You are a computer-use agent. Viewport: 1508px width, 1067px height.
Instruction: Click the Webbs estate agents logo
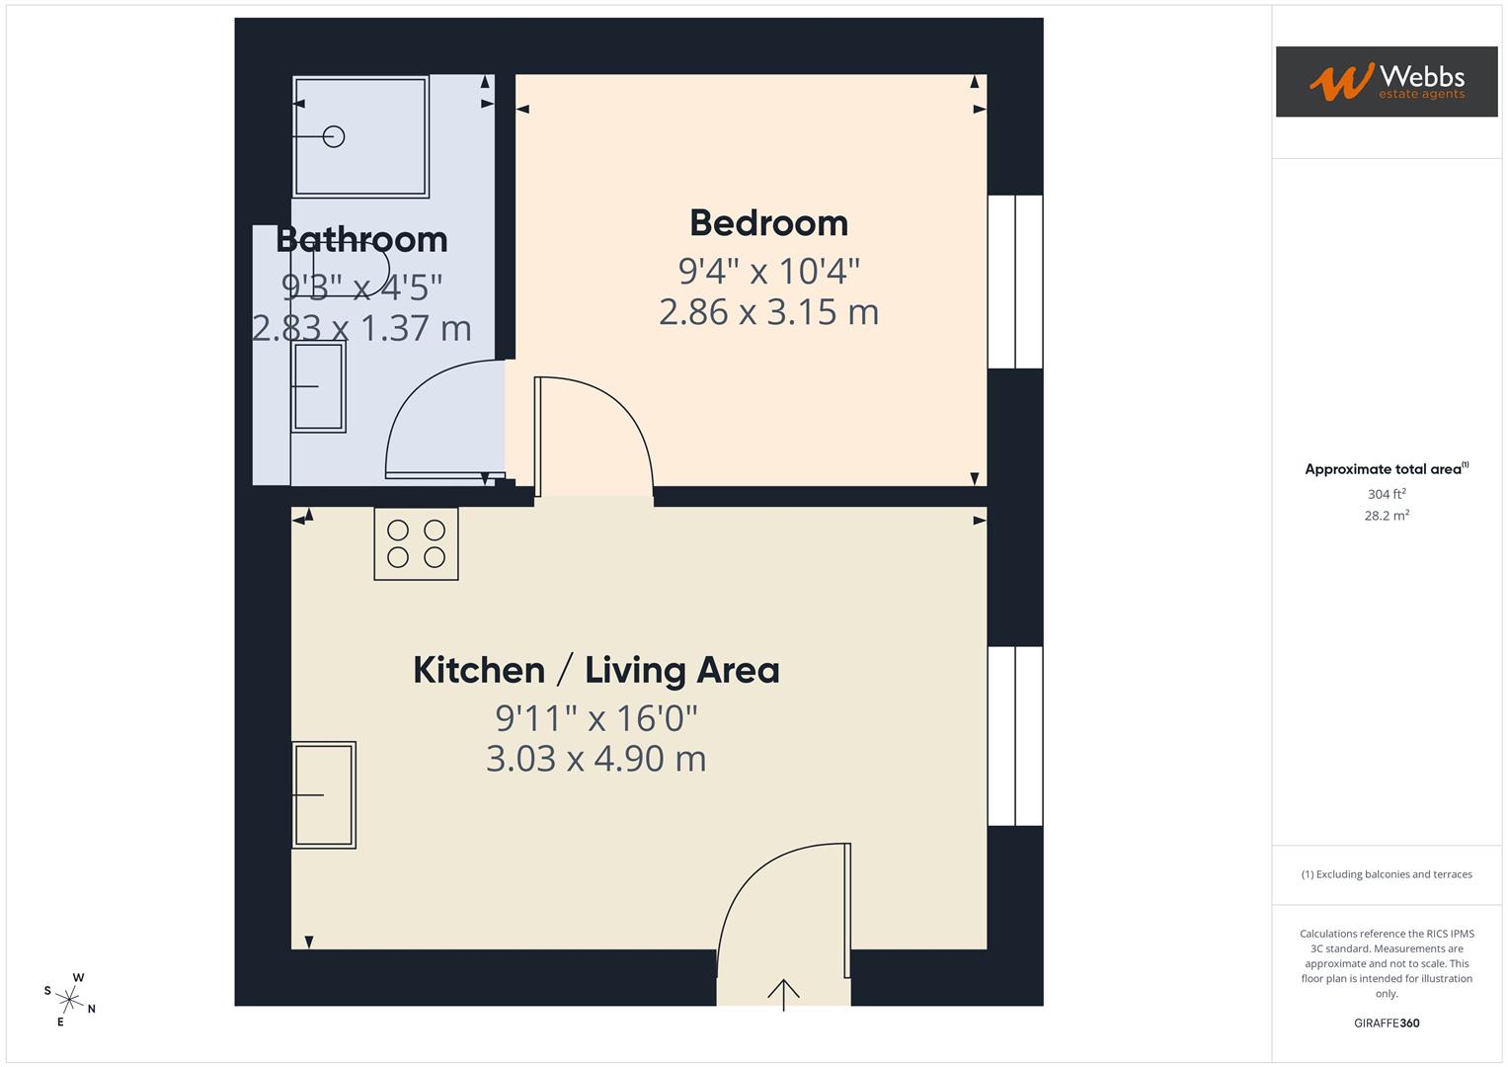1386,81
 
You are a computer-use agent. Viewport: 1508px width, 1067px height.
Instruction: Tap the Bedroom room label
768,223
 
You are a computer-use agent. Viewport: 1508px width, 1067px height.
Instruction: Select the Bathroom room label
361,239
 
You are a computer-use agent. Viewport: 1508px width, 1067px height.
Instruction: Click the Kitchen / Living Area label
595,670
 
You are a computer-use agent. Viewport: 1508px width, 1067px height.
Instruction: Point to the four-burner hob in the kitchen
416,543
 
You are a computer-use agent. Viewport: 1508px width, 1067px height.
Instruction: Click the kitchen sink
323,794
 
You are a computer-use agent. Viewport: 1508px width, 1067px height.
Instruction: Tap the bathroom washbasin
318,386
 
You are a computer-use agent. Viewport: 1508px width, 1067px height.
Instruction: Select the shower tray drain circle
334,136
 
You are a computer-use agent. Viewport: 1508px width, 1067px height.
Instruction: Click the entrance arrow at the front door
783,993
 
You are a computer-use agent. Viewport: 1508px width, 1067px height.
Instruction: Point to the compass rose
69,999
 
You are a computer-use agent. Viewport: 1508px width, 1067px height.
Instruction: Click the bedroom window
1015,282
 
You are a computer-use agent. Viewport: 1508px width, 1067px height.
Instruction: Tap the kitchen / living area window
1015,735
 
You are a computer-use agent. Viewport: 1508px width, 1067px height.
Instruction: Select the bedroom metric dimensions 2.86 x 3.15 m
768,312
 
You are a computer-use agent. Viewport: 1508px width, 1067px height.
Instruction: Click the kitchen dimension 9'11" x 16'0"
595,717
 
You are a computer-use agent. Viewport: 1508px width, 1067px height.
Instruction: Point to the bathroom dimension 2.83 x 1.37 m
361,328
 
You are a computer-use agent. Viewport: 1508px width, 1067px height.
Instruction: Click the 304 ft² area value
1386,494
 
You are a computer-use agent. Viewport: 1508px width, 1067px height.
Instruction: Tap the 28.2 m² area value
1386,516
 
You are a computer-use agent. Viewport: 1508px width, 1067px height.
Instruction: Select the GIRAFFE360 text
1386,1023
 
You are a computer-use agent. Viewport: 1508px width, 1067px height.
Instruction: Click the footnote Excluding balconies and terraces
1386,874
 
